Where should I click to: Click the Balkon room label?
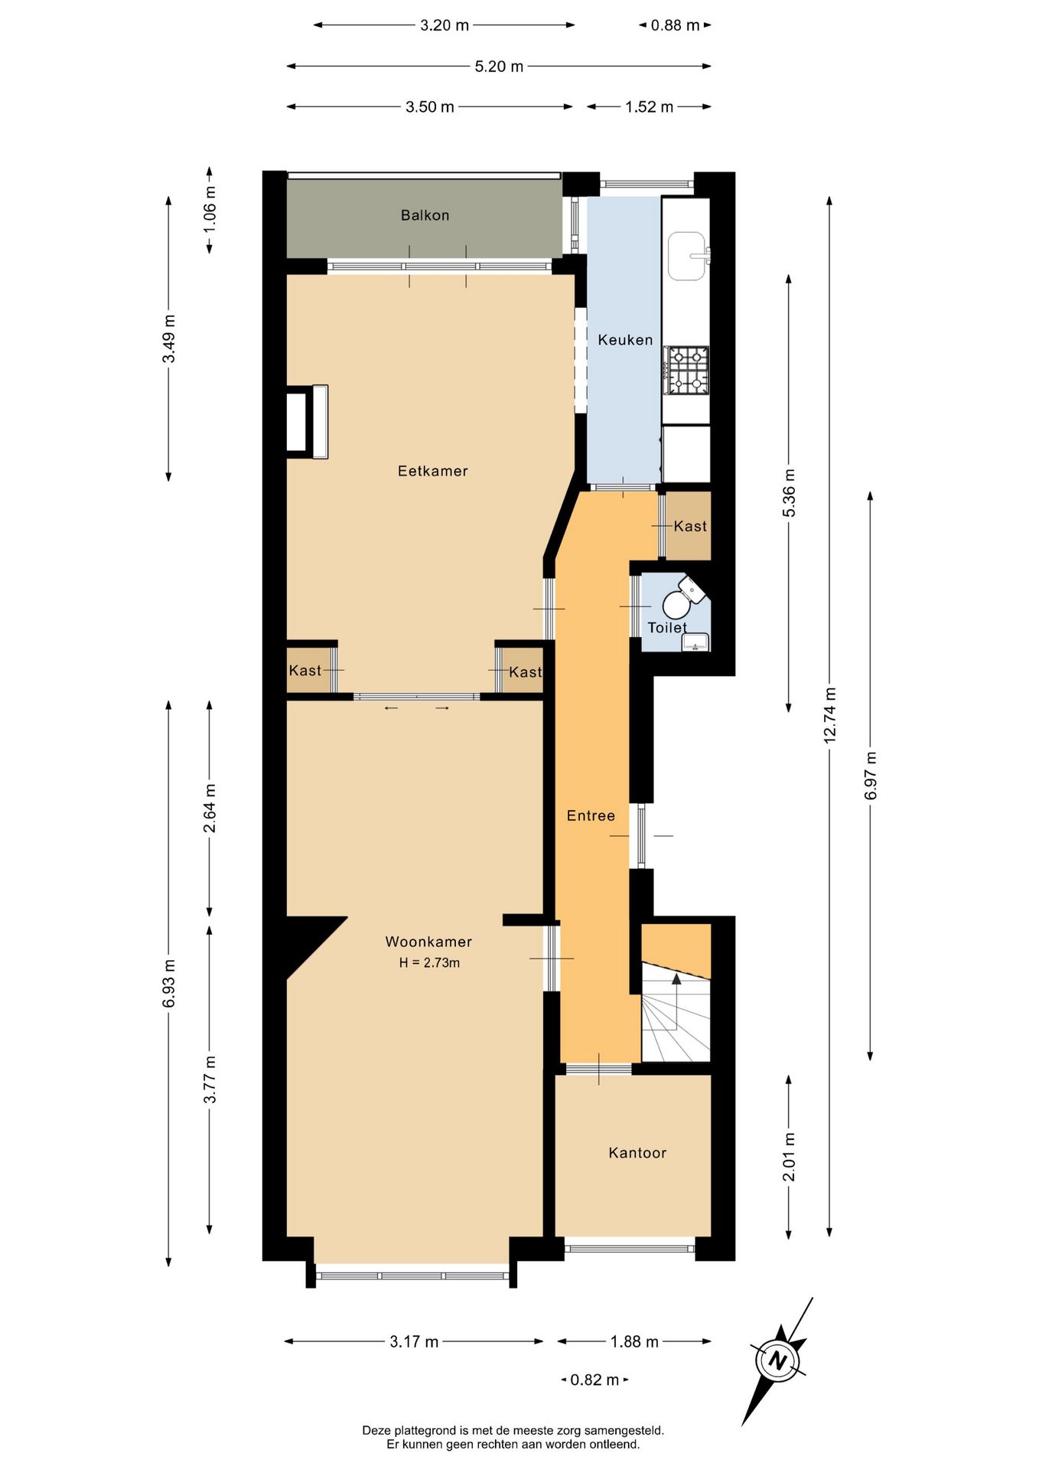[x=425, y=215]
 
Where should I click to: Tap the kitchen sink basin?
[x=686, y=256]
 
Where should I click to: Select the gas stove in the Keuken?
[x=686, y=371]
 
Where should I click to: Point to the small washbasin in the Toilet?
[x=695, y=642]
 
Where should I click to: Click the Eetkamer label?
[x=432, y=471]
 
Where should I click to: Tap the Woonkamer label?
[x=428, y=942]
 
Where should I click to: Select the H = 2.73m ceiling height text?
[x=429, y=963]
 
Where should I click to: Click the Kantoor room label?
[x=637, y=1153]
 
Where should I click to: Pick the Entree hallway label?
[x=591, y=816]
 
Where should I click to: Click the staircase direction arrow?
[x=676, y=978]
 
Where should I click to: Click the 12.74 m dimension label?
[x=830, y=716]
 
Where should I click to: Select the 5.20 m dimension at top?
[x=499, y=67]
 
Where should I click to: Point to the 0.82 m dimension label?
[x=594, y=1380]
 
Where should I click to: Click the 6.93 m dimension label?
[x=169, y=984]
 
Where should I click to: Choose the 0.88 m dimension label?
[x=675, y=25]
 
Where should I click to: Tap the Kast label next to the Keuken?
[x=690, y=526]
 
